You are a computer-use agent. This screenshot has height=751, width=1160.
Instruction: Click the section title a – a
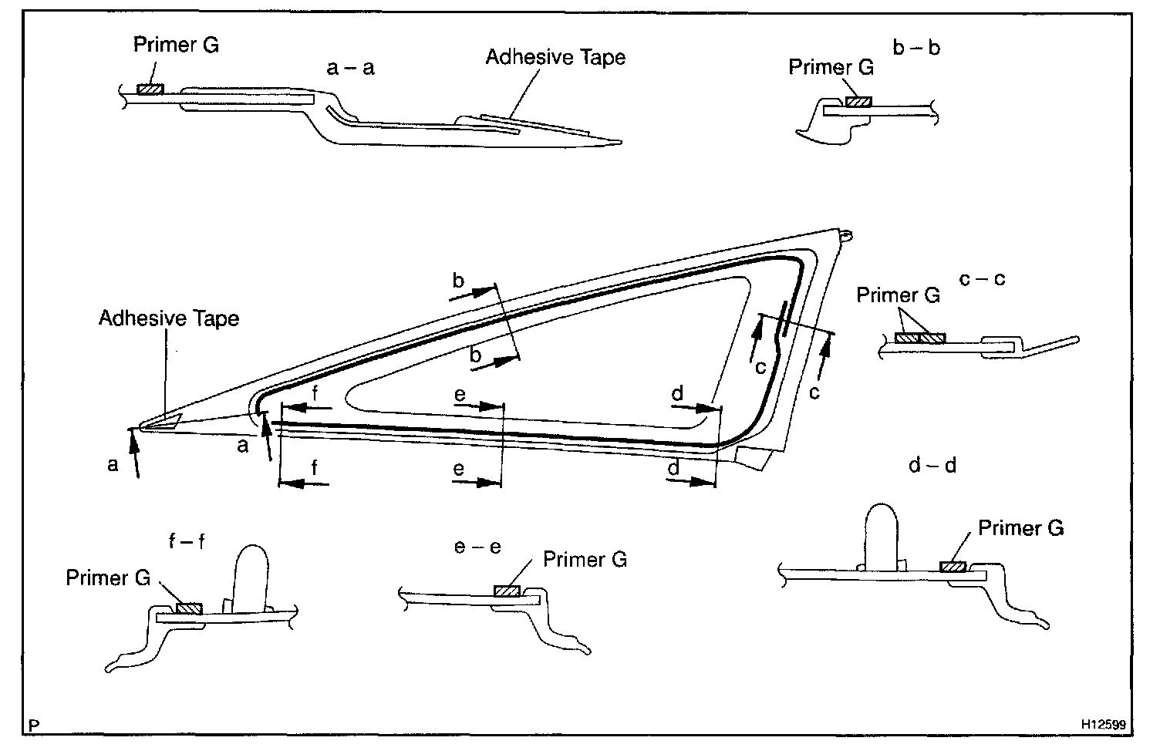pyautogui.click(x=351, y=68)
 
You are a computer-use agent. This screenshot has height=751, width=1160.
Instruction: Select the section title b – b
pyautogui.click(x=916, y=48)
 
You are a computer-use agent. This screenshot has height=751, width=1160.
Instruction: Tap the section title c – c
pyautogui.click(x=982, y=278)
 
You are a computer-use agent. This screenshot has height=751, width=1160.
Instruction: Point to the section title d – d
pyautogui.click(x=932, y=466)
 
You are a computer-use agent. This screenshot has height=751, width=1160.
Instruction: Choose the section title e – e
pyautogui.click(x=477, y=547)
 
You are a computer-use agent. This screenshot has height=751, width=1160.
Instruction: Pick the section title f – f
pyautogui.click(x=187, y=541)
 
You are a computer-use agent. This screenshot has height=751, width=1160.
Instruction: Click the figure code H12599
pyautogui.click(x=1102, y=725)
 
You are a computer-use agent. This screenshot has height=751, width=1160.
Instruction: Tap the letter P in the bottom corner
pyautogui.click(x=34, y=725)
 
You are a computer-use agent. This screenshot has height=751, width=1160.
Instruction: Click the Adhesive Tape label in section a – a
pyautogui.click(x=555, y=57)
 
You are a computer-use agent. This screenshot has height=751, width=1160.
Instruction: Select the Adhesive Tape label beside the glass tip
pyautogui.click(x=169, y=318)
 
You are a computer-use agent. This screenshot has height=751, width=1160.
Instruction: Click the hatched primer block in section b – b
pyautogui.click(x=858, y=102)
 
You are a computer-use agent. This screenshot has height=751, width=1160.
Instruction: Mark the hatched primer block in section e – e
pyautogui.click(x=507, y=591)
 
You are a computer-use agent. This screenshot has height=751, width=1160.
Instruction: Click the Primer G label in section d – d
pyautogui.click(x=1020, y=528)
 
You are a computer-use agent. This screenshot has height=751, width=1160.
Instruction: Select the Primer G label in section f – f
pyautogui.click(x=108, y=578)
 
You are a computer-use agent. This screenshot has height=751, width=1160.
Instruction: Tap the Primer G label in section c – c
pyautogui.click(x=899, y=295)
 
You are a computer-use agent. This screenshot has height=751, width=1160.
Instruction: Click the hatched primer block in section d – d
pyautogui.click(x=952, y=567)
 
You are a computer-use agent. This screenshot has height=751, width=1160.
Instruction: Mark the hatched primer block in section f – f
pyautogui.click(x=188, y=609)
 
